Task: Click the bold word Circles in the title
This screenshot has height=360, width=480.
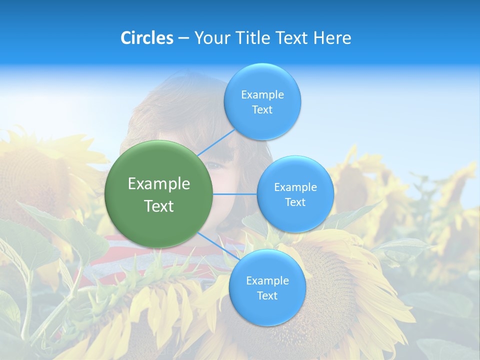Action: [146, 38]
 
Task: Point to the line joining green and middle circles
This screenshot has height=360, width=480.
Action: [235, 194]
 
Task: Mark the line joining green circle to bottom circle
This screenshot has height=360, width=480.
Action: [218, 245]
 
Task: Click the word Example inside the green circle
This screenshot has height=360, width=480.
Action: [159, 184]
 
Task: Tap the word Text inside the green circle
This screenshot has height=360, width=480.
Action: [159, 206]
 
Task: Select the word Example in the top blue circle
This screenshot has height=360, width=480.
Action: [262, 95]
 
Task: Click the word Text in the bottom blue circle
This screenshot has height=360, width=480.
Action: [267, 296]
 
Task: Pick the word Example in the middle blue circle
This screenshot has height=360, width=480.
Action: [295, 187]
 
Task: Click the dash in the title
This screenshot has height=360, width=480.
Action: [183, 38]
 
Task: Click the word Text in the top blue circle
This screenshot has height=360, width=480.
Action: [262, 110]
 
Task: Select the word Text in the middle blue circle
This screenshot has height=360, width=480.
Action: [295, 202]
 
